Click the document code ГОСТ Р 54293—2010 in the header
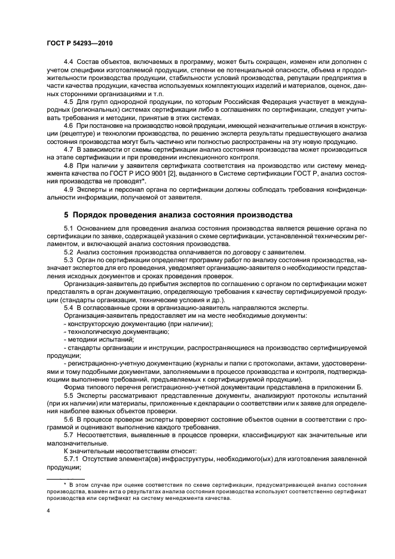pos(79,42)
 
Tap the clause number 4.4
pos(69,63)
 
